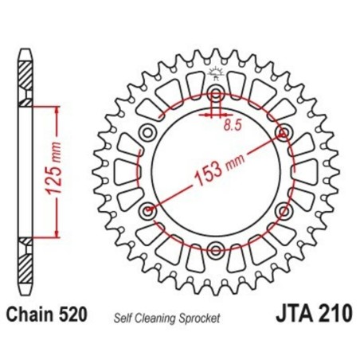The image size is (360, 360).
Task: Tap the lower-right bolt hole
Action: pyautogui.click(x=284, y=211)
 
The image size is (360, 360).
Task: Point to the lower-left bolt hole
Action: pyautogui.click(x=147, y=211)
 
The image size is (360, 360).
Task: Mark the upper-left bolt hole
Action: pyautogui.click(x=147, y=132)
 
